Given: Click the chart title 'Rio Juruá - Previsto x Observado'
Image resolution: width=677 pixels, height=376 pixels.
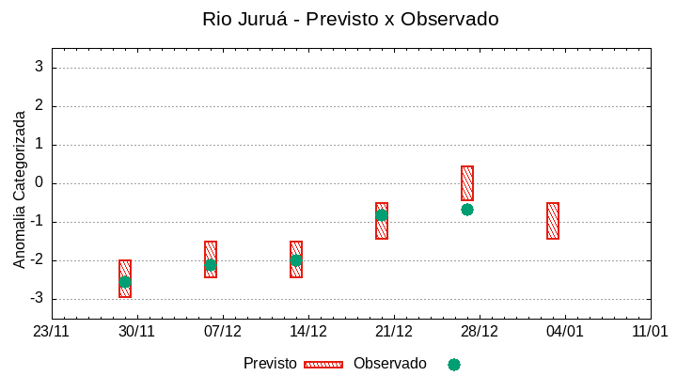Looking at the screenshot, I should (x=350, y=19).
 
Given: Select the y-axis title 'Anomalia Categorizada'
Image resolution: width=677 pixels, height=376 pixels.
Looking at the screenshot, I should (x=20, y=190).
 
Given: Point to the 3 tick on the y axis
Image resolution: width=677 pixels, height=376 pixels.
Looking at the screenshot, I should (x=39, y=67).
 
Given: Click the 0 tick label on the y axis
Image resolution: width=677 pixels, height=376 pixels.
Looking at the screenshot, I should (x=39, y=182).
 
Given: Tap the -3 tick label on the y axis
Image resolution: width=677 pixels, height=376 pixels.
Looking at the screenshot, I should (x=35, y=299).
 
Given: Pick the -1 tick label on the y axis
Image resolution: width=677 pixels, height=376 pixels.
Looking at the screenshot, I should (x=35, y=222).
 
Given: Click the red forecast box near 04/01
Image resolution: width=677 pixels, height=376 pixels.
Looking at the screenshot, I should (x=553, y=221).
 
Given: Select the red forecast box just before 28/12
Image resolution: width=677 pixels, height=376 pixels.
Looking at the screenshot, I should (x=467, y=183).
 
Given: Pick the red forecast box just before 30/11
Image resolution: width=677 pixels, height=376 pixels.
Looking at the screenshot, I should (x=125, y=278).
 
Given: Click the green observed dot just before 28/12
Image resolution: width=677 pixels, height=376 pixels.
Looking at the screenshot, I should (x=467, y=210).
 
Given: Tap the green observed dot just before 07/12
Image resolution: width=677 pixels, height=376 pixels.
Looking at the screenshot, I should (x=211, y=265).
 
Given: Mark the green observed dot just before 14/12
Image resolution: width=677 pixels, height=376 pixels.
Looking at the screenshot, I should (x=296, y=260).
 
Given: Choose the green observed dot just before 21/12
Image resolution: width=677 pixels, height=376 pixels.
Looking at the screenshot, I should (x=382, y=215).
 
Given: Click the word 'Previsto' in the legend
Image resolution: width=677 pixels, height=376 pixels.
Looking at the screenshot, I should (x=270, y=364).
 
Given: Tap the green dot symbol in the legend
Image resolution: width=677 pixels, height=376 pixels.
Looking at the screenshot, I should (x=454, y=365).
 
